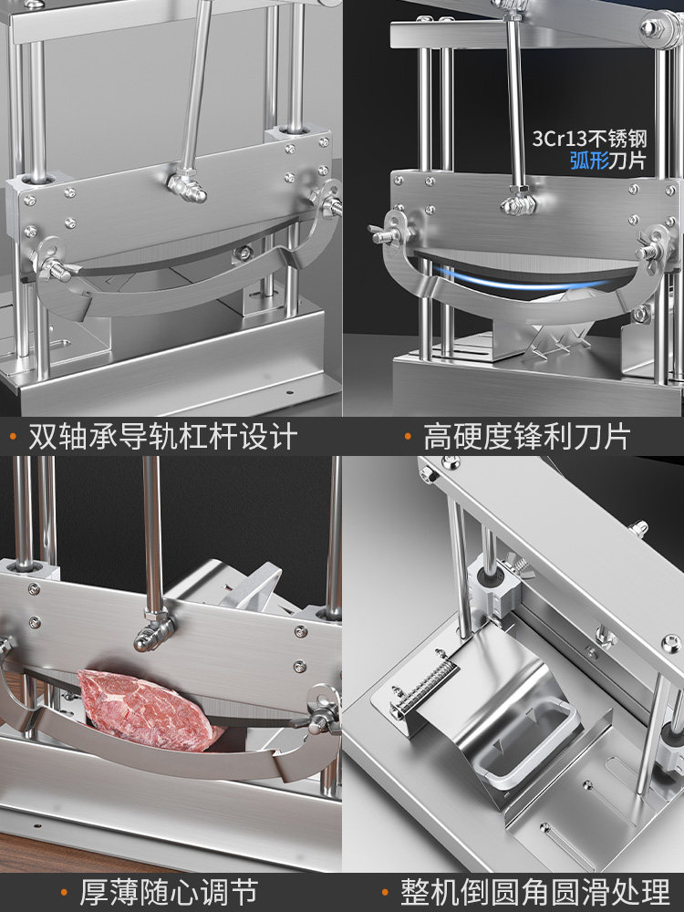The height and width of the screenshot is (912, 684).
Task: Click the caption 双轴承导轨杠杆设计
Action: click(x=162, y=436)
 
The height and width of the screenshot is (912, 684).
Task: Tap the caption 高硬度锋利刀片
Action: click(x=526, y=436)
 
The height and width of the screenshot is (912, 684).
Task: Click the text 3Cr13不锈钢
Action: click(x=590, y=140)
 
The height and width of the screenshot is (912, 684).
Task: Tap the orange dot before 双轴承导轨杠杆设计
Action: click(x=13, y=436)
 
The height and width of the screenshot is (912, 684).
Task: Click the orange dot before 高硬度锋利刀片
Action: click(x=408, y=436)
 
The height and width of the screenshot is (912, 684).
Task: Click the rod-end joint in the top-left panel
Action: click(x=187, y=187)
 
